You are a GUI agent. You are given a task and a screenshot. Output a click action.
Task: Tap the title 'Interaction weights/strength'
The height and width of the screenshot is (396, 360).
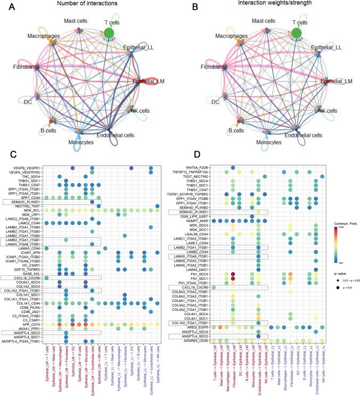(x=268, y=4)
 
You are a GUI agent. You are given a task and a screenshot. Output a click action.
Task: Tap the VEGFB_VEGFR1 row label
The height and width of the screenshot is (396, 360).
(x=29, y=168)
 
